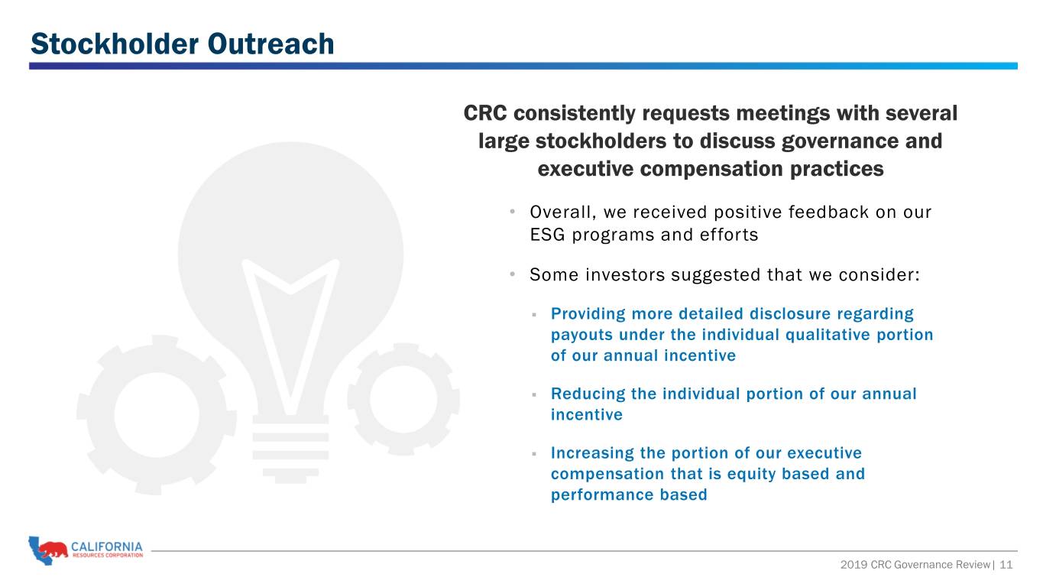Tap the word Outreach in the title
click(x=271, y=44)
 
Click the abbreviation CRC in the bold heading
click(x=485, y=113)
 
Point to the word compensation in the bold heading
click(x=711, y=169)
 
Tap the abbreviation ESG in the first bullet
click(x=548, y=235)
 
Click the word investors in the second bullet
click(x=625, y=275)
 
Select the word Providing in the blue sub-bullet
click(x=588, y=314)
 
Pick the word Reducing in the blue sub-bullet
click(x=588, y=394)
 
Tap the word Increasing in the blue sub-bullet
click(x=592, y=453)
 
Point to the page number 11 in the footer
click(x=1006, y=565)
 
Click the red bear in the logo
click(x=53, y=550)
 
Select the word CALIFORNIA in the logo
click(x=107, y=546)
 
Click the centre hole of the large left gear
click(x=157, y=414)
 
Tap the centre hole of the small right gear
click(x=403, y=399)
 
